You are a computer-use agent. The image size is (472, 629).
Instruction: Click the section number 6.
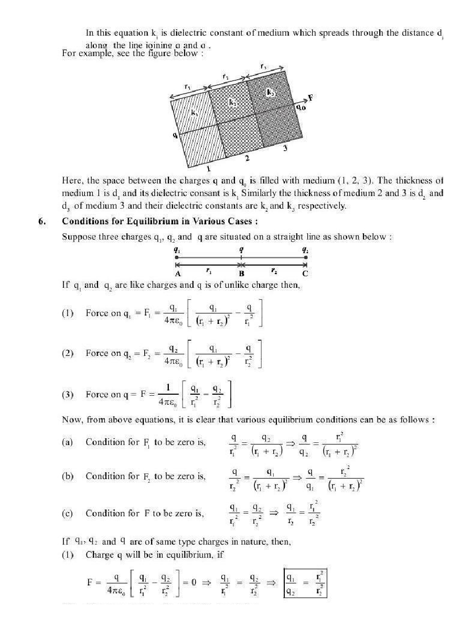tap(41, 221)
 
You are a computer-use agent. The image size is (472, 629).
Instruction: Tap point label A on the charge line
tap(177, 273)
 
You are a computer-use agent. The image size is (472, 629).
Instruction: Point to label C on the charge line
tap(305, 273)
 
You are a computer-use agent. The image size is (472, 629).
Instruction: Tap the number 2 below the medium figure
tap(246, 158)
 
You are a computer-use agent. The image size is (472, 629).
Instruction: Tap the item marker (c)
tap(67, 513)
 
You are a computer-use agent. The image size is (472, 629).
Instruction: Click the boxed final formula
tap(305, 583)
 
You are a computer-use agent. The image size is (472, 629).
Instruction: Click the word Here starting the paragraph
tap(71, 181)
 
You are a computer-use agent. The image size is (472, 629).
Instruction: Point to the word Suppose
tap(78, 236)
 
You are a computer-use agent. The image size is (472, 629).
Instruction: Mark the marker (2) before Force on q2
tap(67, 353)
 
